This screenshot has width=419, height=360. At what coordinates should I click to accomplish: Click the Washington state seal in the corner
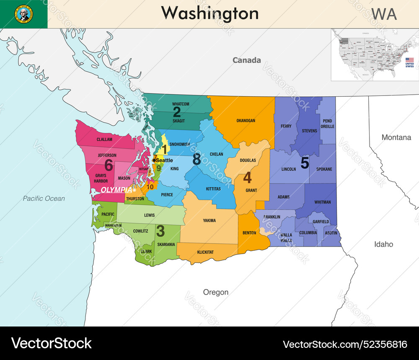[23, 14]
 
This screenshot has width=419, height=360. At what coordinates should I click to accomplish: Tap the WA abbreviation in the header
[384, 14]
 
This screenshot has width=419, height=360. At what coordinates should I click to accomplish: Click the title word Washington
[209, 13]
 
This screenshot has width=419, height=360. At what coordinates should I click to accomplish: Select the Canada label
[246, 60]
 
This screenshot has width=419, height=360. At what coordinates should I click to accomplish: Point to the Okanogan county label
[246, 121]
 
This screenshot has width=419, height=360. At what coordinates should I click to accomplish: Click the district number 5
[305, 163]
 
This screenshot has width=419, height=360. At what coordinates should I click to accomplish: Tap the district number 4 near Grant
[248, 178]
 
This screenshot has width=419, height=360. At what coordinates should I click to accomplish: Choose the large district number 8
[197, 159]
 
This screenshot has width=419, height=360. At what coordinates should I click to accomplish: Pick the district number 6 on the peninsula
[109, 165]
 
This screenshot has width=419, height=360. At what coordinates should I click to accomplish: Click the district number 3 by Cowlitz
[160, 231]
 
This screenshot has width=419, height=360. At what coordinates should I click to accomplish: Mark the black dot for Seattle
[154, 160]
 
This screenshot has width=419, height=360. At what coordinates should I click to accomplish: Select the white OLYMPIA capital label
[116, 190]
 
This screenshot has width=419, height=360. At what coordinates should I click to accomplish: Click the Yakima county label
[209, 221]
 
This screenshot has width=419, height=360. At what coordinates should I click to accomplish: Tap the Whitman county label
[322, 202]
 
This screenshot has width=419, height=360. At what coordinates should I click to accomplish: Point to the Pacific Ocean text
[44, 198]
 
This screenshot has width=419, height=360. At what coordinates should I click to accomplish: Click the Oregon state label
[216, 292]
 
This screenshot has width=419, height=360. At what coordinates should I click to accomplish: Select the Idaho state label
[383, 244]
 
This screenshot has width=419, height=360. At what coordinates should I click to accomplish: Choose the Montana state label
[396, 137]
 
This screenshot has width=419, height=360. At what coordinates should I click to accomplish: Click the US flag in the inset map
[409, 60]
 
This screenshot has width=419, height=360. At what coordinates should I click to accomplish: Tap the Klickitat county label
[205, 252]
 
